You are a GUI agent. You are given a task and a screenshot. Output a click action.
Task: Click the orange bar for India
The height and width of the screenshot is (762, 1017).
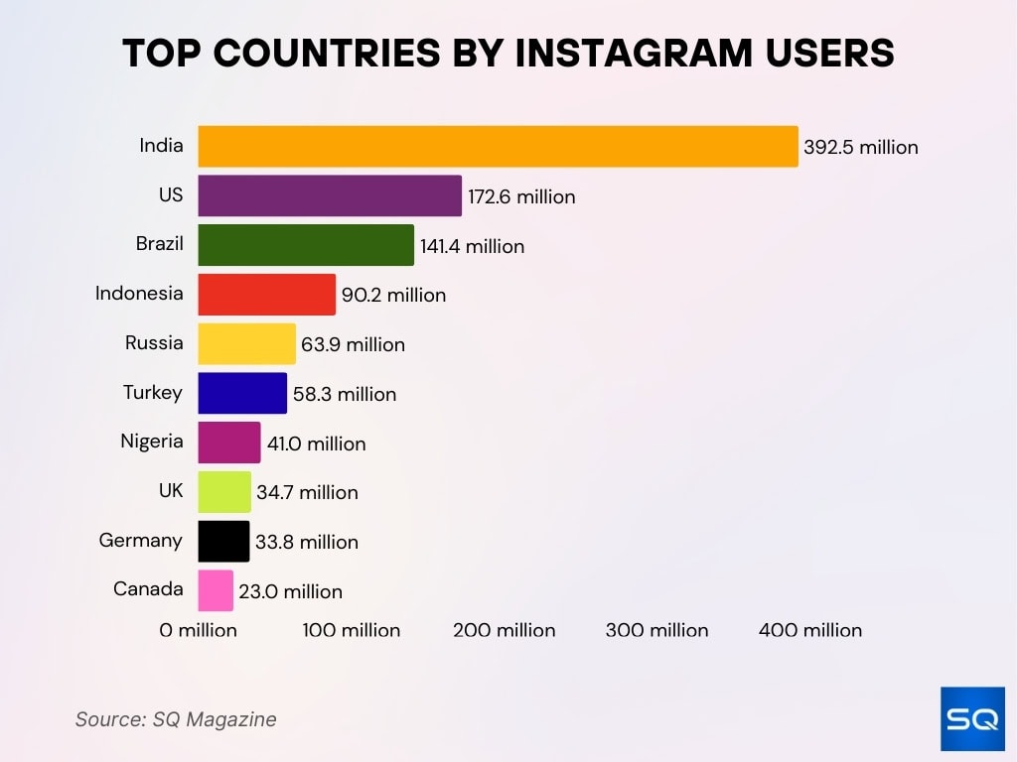point(498,147)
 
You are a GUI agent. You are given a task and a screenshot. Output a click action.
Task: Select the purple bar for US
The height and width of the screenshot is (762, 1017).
point(330,195)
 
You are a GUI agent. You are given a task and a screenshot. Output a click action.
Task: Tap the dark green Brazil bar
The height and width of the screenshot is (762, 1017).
point(306,245)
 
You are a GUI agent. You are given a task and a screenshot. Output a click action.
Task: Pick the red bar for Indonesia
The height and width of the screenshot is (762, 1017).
point(266,295)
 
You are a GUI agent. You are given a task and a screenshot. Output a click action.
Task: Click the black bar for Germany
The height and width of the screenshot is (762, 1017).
point(223,541)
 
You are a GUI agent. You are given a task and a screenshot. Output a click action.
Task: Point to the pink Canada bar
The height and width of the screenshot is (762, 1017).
point(216,590)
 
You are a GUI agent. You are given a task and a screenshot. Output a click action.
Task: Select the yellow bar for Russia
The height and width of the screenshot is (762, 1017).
point(246,343)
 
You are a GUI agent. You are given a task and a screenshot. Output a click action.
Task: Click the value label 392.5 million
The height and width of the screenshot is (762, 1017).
point(860,148)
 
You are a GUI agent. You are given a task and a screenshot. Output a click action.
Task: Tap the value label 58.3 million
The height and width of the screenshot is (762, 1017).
point(344,394)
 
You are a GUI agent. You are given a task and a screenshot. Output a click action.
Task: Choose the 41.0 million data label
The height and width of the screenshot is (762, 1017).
point(316,444)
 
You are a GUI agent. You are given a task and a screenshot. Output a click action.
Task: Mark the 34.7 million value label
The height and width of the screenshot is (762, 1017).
point(307,492)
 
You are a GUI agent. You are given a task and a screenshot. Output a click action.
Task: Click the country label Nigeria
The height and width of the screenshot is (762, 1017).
point(151,442)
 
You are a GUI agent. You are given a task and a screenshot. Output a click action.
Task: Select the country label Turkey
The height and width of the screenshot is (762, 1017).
point(152,392)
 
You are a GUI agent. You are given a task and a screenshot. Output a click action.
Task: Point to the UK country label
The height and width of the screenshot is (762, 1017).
point(170,490)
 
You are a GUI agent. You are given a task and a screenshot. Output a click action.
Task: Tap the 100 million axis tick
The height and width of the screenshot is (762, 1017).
point(351,630)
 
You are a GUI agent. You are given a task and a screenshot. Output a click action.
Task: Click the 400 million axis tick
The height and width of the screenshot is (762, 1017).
point(809,630)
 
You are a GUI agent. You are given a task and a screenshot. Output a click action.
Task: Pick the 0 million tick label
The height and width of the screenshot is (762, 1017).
point(198,630)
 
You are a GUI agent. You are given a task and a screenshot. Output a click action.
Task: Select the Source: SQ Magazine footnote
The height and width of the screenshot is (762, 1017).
point(176,719)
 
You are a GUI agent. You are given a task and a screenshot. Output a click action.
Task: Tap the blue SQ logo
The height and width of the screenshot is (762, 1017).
point(972,718)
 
